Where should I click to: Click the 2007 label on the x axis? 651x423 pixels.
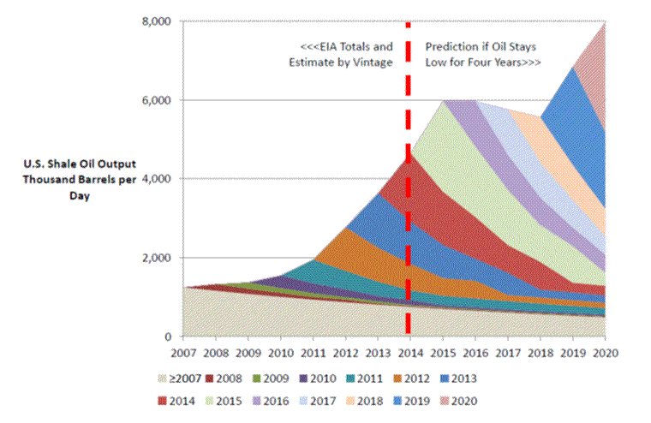tap(185, 352)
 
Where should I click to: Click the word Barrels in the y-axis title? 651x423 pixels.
tap(104, 180)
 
